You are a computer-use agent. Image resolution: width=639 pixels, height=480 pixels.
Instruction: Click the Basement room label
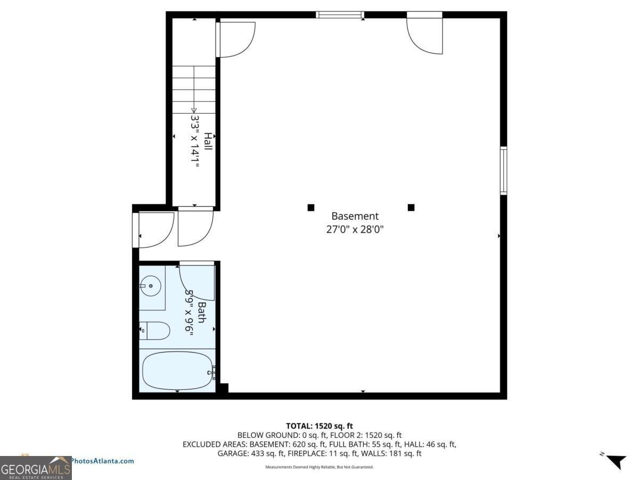tap(355, 216)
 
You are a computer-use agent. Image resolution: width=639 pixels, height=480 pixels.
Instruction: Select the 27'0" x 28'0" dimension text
tap(355, 230)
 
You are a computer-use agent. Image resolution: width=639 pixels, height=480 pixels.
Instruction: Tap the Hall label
tap(208, 141)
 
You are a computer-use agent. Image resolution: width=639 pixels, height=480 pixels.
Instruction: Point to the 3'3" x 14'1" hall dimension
tap(195, 141)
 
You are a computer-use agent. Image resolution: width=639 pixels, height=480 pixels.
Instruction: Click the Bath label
tap(201, 312)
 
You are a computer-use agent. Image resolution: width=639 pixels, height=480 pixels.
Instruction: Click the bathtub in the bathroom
tap(177, 370)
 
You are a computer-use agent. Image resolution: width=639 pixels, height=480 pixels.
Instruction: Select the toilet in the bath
tap(155, 331)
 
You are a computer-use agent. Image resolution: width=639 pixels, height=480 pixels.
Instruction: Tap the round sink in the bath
tap(150, 286)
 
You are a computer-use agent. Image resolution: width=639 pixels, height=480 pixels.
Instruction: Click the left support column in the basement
tap(311, 207)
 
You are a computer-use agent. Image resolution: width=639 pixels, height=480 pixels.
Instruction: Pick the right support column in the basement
tap(411, 207)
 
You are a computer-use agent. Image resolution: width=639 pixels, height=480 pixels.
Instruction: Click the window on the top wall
tap(340, 14)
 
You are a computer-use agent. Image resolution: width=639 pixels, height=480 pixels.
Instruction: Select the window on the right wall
tap(503, 171)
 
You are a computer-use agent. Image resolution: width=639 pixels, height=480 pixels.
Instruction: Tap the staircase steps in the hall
tap(194, 88)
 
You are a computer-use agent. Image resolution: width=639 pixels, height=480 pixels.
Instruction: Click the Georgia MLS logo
tap(36, 468)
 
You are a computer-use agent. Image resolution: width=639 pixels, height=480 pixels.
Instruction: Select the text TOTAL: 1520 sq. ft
tap(319, 426)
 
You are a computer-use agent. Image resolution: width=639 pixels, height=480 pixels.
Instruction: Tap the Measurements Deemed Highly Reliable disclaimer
tap(319, 467)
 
